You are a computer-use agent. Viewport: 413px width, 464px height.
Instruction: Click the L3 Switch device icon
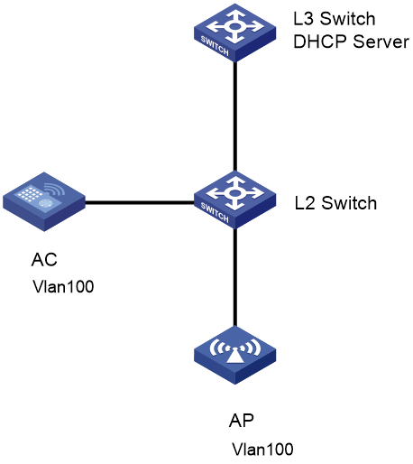234,32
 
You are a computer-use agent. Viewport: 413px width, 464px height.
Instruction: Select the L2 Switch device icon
234,200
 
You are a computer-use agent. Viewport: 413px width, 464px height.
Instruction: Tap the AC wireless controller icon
44,201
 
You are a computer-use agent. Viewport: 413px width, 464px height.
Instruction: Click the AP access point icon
234,355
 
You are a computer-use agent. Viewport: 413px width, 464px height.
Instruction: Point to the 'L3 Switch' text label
335,19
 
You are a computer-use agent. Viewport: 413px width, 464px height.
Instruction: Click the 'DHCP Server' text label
351,42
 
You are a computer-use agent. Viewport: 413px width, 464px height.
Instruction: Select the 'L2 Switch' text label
335,203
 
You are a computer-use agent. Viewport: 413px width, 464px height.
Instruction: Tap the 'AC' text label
44,259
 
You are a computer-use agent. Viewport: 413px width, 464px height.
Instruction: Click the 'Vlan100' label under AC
63,286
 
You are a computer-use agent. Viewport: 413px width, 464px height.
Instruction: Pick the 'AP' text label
241,420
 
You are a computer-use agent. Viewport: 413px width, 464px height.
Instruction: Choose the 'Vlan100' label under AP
262,450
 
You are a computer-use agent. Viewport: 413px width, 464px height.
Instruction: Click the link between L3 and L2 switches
235,116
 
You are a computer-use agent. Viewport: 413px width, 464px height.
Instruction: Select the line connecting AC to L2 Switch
140,202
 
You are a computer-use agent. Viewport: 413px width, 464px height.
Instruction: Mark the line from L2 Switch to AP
235,277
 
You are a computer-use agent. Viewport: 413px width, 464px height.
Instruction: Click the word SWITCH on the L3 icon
215,46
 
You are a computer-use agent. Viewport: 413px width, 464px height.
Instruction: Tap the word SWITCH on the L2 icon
215,213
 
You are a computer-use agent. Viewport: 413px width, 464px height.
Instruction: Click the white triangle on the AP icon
234,357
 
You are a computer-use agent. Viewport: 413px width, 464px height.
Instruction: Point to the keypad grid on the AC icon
30,193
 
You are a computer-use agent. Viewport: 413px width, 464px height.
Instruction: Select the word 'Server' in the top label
381,42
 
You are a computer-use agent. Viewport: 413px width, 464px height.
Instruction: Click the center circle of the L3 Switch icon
234,26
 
